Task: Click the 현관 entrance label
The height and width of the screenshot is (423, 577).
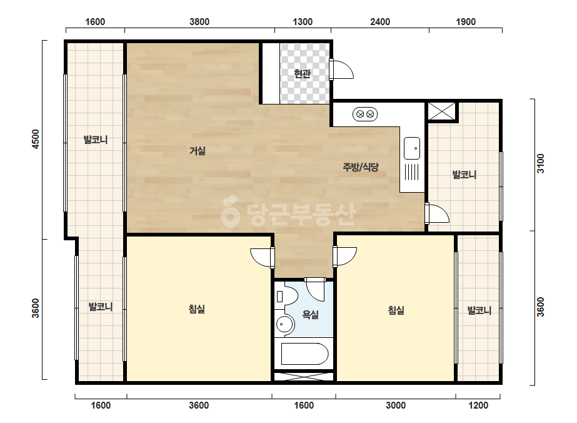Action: coord(302,74)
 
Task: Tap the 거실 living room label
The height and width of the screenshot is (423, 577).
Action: coord(198,150)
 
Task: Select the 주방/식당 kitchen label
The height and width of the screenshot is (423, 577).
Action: coord(361,167)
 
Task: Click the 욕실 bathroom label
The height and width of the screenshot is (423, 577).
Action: coord(310,314)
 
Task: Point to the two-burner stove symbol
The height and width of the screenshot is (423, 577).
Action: coord(365,115)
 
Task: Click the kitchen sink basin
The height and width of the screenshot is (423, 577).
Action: coord(412,148)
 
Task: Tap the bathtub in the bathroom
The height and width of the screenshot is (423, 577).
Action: coord(304,354)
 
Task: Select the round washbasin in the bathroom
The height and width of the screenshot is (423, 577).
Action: coord(284,325)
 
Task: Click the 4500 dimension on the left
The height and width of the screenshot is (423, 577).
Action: coord(36,139)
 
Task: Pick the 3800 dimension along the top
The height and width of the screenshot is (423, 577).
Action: coord(199,22)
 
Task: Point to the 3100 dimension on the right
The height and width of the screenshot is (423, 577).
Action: coord(540,163)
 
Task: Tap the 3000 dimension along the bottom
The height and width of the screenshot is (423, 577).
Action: coord(396,405)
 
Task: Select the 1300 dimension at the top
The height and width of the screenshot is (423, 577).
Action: coord(303,22)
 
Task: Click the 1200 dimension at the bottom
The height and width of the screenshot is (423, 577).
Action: coord(478,405)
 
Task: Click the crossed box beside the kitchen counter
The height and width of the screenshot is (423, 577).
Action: coord(441,111)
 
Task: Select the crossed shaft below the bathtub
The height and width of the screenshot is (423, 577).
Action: coord(304,377)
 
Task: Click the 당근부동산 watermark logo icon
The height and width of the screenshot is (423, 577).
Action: coord(230,211)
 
